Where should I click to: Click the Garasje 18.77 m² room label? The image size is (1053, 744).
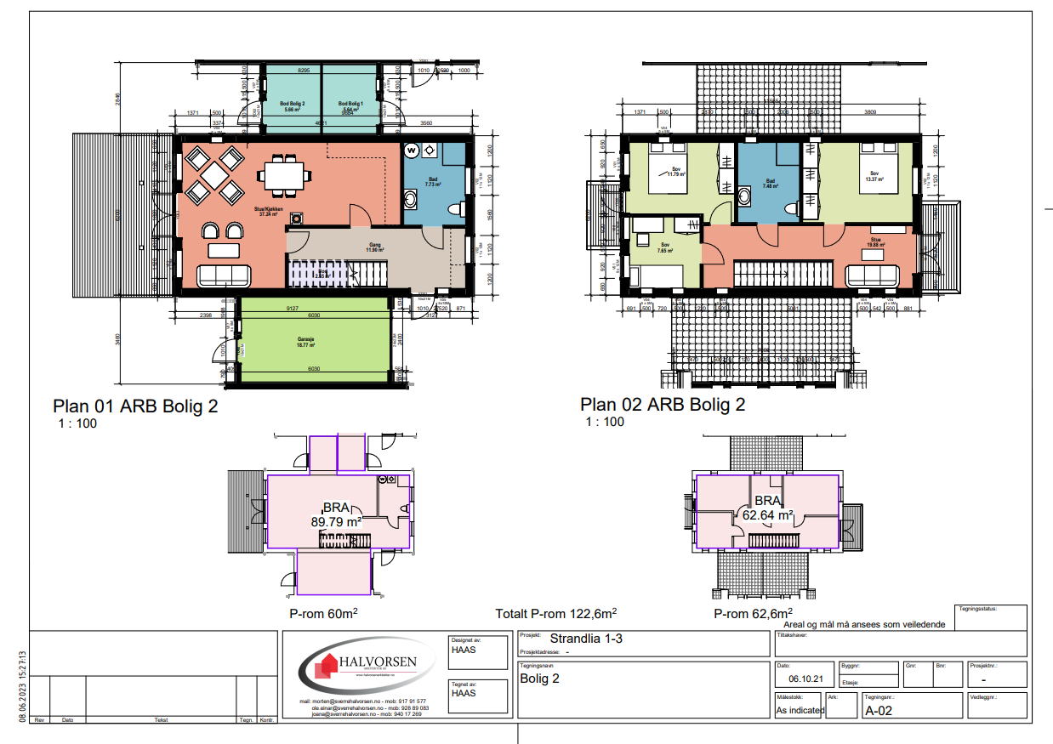pos(306,343)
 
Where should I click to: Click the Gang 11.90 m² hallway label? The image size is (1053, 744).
pos(375,248)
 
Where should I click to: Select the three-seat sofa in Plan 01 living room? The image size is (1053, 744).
pos(224,275)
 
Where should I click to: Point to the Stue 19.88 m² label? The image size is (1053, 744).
pos(875,241)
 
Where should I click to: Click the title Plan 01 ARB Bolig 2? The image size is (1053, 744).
pos(135,406)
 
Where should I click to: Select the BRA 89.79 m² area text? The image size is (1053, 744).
pos(337,515)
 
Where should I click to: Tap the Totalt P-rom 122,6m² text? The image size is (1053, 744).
pos(555,613)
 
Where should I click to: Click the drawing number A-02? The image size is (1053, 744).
pos(878,711)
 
